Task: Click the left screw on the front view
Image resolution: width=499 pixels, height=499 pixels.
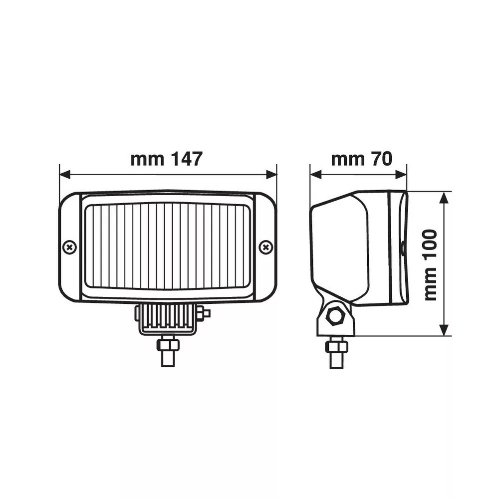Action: point(70,248)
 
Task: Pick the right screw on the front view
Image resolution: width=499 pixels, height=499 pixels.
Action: point(266,248)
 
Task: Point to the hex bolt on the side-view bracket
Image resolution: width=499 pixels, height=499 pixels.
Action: point(336,316)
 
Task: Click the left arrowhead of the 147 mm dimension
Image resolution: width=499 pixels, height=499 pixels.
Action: point(65,174)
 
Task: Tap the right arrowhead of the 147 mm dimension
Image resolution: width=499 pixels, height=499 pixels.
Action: point(271,174)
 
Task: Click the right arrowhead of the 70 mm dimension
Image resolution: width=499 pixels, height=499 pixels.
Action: point(401,174)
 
